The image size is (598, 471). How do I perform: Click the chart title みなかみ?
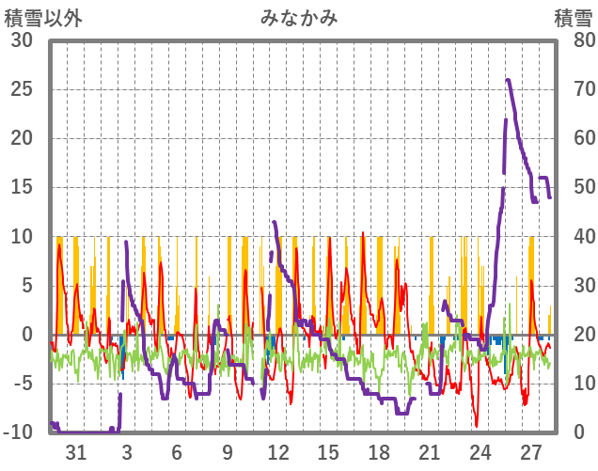[299, 17]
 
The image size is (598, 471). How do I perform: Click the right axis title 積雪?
[572, 17]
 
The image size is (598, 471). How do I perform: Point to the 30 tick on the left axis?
[21, 40]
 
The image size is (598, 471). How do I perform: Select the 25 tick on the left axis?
[21, 89]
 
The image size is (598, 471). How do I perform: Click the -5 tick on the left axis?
[23, 384]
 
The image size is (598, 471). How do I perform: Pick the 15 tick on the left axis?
[21, 187]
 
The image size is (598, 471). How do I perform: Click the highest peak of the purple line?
[508, 80]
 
